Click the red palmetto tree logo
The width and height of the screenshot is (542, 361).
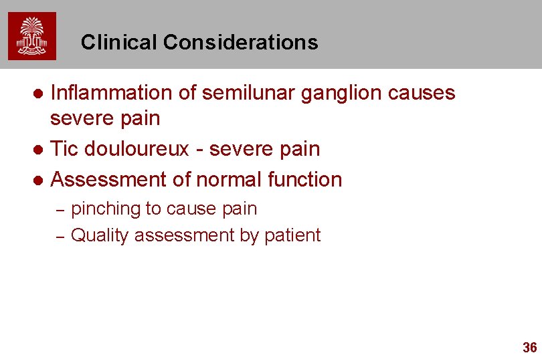pos(32,36)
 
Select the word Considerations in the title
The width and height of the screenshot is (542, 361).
pos(240,43)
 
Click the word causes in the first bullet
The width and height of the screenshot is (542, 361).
pos(424,93)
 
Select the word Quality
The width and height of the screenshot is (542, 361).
pos(100,236)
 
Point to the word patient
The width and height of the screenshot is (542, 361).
pos(294,235)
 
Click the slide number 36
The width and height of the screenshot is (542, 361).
pos(529,347)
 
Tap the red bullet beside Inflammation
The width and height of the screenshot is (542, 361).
pos(39,94)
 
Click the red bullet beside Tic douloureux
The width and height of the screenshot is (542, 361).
pos(39,149)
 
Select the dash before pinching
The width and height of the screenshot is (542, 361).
pos(59,210)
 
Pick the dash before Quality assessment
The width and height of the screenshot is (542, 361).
pos(59,236)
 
